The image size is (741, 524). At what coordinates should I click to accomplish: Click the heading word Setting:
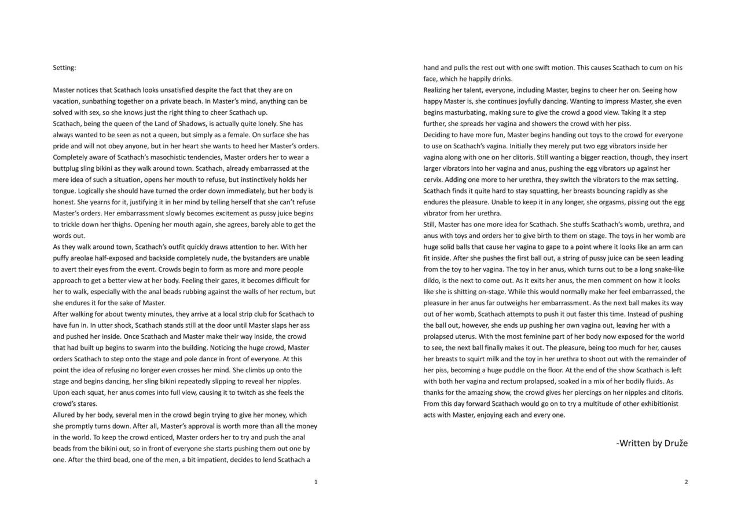click(x=64, y=68)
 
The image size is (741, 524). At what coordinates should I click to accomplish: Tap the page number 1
click(x=316, y=482)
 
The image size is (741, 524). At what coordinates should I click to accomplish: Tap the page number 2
click(x=686, y=482)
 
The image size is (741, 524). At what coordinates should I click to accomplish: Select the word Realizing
click(x=439, y=90)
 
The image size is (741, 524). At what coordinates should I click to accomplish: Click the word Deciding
click(x=438, y=135)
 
